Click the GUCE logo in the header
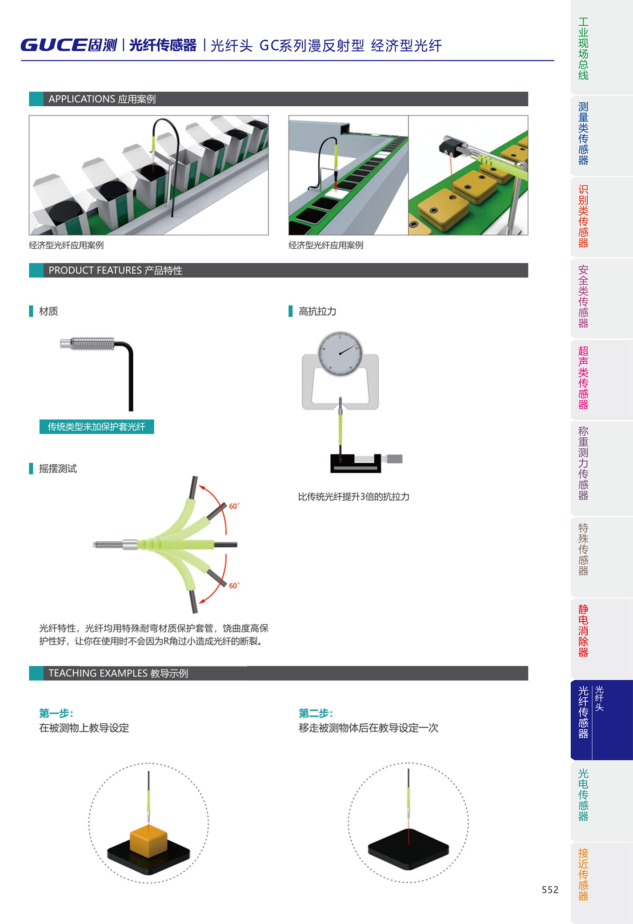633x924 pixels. pyautogui.click(x=68, y=45)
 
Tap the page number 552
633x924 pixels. pyautogui.click(x=550, y=889)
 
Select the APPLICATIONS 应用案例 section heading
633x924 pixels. pyautogui.click(x=102, y=99)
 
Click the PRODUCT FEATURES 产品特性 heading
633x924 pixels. pyautogui.click(x=115, y=270)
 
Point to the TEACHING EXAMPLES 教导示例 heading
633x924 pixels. pyautogui.click(x=118, y=673)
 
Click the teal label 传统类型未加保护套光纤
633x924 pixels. pyautogui.click(x=96, y=427)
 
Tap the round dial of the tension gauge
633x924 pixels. pyautogui.click(x=340, y=354)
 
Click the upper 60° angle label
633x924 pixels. pyautogui.click(x=234, y=506)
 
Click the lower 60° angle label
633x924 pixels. pyautogui.click(x=234, y=586)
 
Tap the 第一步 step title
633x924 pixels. pyautogui.click(x=56, y=713)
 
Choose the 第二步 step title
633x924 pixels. pyautogui.click(x=316, y=713)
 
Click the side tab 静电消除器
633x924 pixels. pyautogui.click(x=583, y=631)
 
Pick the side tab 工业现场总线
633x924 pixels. pyautogui.click(x=583, y=48)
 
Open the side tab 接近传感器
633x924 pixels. pyautogui.click(x=583, y=874)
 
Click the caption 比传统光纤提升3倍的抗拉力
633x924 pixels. pyautogui.click(x=353, y=497)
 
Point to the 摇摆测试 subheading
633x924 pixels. pyautogui.click(x=58, y=469)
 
